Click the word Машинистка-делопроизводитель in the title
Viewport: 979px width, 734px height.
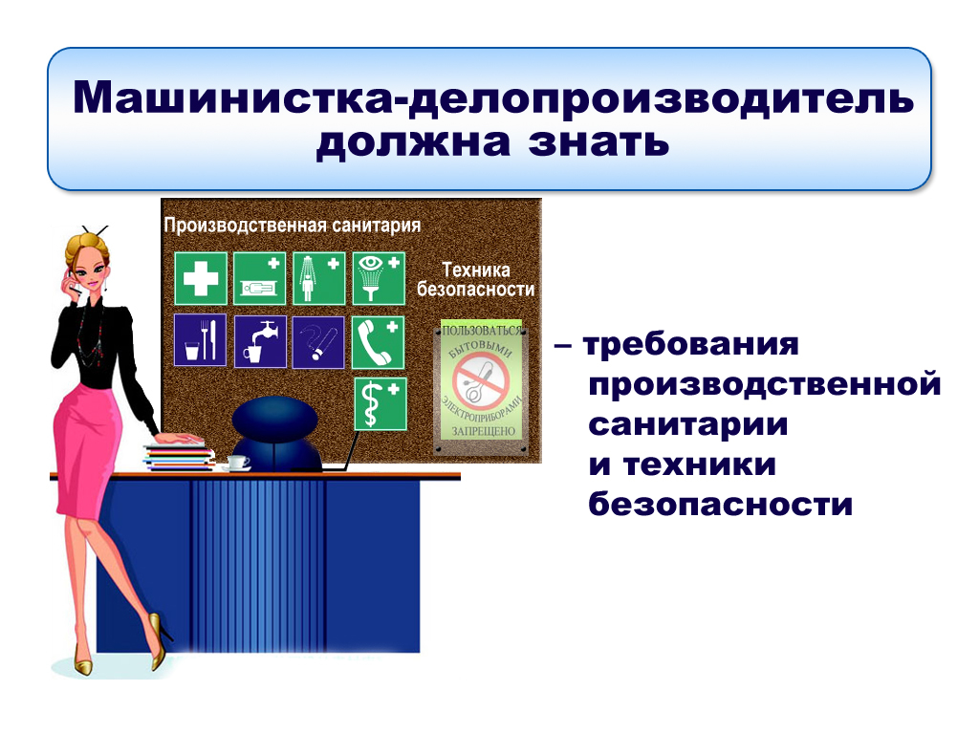click(493, 98)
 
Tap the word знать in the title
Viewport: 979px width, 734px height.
click(598, 142)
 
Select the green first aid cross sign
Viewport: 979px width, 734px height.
click(201, 278)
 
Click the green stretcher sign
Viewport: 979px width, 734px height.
click(260, 278)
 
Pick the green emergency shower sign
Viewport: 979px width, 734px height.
click(319, 278)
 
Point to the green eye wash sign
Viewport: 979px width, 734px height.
click(379, 278)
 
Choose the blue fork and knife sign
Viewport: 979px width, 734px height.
click(201, 340)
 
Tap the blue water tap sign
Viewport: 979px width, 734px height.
click(260, 341)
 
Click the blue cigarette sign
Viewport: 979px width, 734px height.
click(318, 342)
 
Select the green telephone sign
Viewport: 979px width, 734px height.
click(378, 343)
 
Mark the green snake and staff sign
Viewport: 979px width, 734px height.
click(381, 404)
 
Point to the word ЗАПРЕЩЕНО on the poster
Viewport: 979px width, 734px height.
click(483, 431)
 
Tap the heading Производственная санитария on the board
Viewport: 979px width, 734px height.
click(293, 226)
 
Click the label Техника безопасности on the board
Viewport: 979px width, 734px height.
click(476, 280)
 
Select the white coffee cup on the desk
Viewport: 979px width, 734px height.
click(237, 464)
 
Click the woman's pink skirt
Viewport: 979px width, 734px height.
click(86, 449)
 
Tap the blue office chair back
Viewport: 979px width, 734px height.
click(275, 420)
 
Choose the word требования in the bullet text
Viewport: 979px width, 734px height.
click(690, 344)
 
